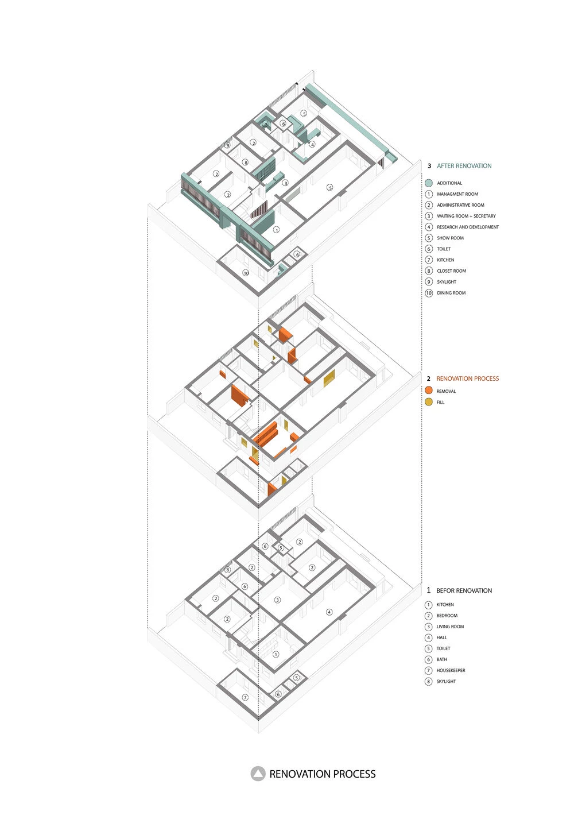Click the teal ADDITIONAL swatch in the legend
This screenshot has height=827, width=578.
point(429,183)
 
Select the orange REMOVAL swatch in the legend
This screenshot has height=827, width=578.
point(429,391)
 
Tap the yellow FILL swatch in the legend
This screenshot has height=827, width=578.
point(429,402)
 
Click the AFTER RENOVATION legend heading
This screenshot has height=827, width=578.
point(464,166)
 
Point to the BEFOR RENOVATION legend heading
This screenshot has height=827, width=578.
point(464,590)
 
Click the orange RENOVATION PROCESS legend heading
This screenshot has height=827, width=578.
point(467,378)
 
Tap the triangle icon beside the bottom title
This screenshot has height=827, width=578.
point(258,774)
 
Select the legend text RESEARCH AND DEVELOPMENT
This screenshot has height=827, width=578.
point(467,227)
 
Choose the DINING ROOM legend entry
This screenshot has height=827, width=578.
point(451,293)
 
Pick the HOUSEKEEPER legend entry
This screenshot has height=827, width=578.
point(451,670)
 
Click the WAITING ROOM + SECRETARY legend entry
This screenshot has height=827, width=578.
point(465,216)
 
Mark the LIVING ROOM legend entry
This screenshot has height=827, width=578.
point(450,627)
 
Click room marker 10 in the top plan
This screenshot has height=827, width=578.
point(246,273)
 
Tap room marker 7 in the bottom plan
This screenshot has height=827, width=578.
point(245,697)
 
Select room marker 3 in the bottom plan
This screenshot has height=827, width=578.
point(277,600)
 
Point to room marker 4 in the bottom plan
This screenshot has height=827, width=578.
point(329,612)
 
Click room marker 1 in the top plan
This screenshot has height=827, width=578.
point(276,229)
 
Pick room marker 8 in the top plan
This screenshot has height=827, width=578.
point(246,163)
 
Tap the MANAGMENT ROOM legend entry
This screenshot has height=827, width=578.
point(457,194)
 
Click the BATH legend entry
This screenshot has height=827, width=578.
point(441,659)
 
